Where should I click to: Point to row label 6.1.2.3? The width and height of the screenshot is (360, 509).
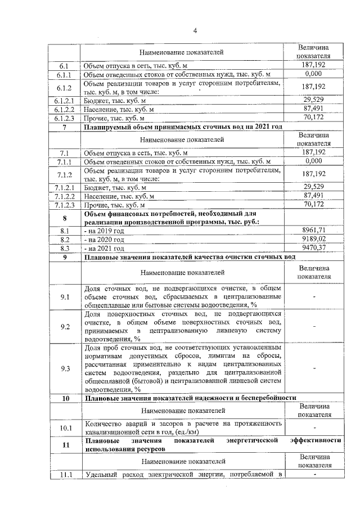click(65, 118)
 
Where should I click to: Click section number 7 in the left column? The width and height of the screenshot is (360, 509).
click(65, 127)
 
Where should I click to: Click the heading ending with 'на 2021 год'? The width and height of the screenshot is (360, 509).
click(183, 127)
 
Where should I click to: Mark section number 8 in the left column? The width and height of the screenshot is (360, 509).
click(65, 218)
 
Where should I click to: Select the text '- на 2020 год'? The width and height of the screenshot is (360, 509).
click(105, 239)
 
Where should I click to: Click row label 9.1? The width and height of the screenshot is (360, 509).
click(65, 297)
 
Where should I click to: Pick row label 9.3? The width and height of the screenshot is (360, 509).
click(65, 368)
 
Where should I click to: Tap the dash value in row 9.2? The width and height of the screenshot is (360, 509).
click(314, 326)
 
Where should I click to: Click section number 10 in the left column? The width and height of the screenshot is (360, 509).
click(65, 398)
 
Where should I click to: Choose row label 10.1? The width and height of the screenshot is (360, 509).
click(65, 429)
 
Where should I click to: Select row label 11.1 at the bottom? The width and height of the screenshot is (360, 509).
click(65, 476)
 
